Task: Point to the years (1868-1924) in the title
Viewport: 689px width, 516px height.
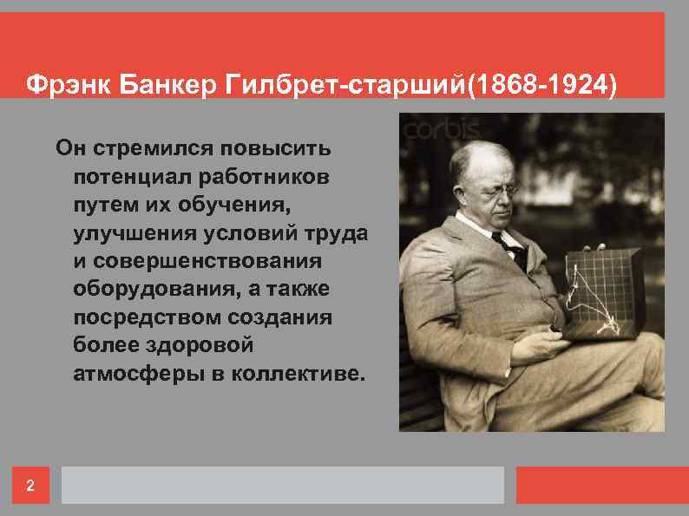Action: pyautogui.click(x=543, y=86)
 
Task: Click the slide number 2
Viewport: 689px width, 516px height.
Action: pyautogui.click(x=30, y=486)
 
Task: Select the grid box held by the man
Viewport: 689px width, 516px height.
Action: pyautogui.click(x=602, y=295)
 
